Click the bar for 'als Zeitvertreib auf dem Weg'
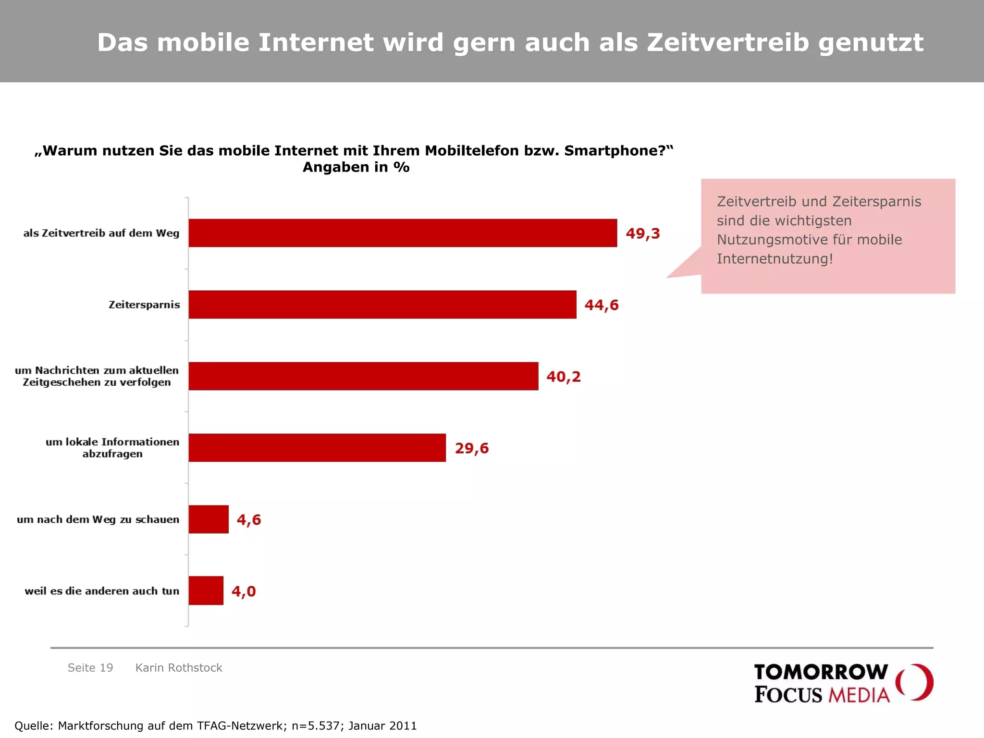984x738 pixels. click(x=403, y=233)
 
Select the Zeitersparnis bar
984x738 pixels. click(x=382, y=305)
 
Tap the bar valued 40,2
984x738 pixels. click(x=363, y=376)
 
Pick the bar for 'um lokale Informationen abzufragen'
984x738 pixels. click(x=317, y=448)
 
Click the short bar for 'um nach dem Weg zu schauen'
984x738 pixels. click(x=209, y=519)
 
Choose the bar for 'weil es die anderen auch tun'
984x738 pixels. click(x=206, y=590)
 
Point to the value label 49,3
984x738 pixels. click(x=643, y=234)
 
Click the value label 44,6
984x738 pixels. click(x=602, y=305)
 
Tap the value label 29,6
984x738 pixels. click(x=472, y=448)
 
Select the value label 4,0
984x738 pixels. click(x=244, y=591)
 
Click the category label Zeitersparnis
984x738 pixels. click(x=144, y=305)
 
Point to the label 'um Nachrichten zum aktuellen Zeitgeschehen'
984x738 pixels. click(x=97, y=376)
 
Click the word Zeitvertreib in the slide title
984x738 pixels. click(x=728, y=42)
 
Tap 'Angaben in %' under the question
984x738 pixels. click(x=356, y=167)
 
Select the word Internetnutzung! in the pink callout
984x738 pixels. click(x=775, y=259)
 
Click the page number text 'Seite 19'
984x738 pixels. click(x=90, y=668)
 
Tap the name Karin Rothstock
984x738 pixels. click(x=179, y=668)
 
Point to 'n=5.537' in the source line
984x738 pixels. click(x=316, y=726)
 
